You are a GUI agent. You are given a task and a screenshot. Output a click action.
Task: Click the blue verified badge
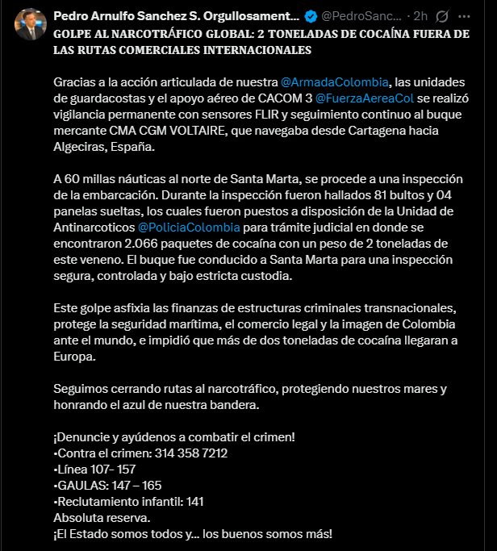click(x=311, y=16)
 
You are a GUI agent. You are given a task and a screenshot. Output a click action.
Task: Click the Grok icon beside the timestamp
click(x=442, y=16)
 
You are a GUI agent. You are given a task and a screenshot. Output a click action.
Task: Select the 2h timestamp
click(x=420, y=16)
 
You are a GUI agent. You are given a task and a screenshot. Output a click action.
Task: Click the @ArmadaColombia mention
click(x=334, y=82)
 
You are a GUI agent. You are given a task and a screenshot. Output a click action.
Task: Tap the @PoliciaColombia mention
click(x=190, y=227)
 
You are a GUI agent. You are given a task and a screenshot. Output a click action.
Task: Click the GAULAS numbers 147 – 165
click(x=136, y=485)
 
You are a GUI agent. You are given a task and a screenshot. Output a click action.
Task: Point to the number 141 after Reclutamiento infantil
click(x=194, y=501)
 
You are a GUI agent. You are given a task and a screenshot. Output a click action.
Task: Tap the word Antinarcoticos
click(x=94, y=227)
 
